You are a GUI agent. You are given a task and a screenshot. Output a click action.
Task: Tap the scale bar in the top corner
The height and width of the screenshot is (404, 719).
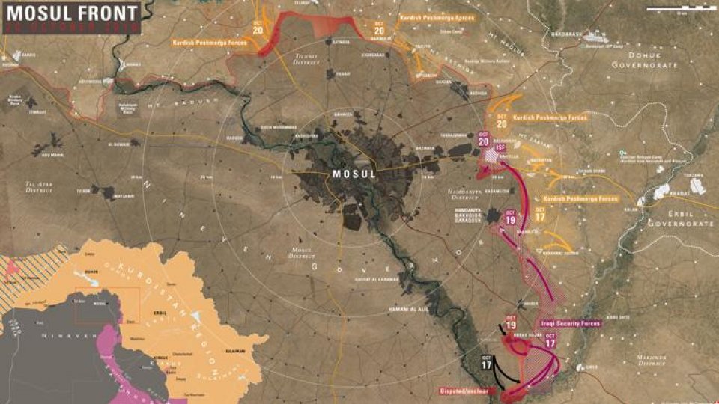(677, 9)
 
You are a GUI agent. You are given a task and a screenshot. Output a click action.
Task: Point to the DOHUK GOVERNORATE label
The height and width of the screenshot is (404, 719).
(644, 60)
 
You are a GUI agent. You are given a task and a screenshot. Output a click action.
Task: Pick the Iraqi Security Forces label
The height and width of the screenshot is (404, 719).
(570, 323)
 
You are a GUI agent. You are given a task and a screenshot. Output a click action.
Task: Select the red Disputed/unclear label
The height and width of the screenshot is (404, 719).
(467, 391)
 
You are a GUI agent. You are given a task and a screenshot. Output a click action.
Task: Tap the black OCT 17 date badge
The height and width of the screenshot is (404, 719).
(487, 367)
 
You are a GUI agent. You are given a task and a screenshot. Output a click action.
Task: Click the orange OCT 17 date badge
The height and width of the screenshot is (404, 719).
(540, 213)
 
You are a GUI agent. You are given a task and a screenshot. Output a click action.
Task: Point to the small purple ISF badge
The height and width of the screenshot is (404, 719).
(500, 148)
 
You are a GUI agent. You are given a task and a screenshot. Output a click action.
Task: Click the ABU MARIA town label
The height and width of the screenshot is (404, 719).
(52, 155)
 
